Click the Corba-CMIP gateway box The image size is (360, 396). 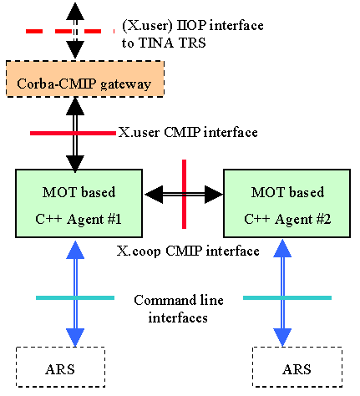85,79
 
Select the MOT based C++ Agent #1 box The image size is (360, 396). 79,203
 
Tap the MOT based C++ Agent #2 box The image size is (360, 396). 286,203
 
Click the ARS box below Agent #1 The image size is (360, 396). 60,367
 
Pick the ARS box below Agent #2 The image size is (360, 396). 297,367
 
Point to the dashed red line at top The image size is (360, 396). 70,32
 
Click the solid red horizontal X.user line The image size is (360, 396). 73,134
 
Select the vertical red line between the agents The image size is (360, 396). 184,194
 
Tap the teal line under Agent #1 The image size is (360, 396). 75,297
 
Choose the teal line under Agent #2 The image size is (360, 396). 287,297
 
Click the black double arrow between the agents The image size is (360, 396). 184,195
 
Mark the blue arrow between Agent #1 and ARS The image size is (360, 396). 75,294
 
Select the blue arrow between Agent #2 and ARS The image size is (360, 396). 282,293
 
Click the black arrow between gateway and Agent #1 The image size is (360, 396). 75,135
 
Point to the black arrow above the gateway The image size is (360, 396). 75,31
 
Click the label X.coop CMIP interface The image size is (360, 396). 188,251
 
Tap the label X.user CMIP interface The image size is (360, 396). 188,132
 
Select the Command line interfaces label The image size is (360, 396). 179,309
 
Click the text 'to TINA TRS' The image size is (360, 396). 164,43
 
